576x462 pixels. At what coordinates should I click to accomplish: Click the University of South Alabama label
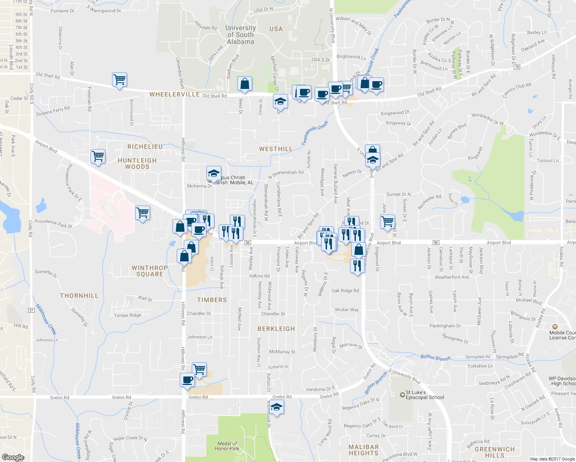[240, 35]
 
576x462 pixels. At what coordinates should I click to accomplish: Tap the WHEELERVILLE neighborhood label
[174, 94]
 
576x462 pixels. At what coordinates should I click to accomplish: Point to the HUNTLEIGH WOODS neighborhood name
[137, 164]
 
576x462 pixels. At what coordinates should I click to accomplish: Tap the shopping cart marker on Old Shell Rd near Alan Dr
[120, 80]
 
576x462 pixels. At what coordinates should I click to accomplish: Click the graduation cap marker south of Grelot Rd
[276, 407]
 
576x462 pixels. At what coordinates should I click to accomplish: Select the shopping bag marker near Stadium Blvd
[244, 84]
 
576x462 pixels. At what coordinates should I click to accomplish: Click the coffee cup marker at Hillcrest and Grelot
[188, 380]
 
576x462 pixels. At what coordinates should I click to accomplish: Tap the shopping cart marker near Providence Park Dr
[142, 213]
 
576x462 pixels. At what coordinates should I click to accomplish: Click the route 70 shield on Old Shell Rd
[517, 67]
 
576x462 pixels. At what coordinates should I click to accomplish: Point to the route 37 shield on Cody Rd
[31, 310]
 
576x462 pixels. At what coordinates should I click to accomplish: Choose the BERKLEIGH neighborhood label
[276, 329]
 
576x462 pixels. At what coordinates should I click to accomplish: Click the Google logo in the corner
[13, 457]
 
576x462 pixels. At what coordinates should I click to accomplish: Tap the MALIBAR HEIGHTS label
[363, 450]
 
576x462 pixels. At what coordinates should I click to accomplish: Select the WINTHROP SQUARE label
[150, 271]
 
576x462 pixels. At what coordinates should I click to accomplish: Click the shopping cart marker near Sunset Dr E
[387, 221]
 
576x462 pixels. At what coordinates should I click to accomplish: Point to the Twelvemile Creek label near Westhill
[315, 133]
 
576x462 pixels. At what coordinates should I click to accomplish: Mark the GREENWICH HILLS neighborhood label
[494, 452]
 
